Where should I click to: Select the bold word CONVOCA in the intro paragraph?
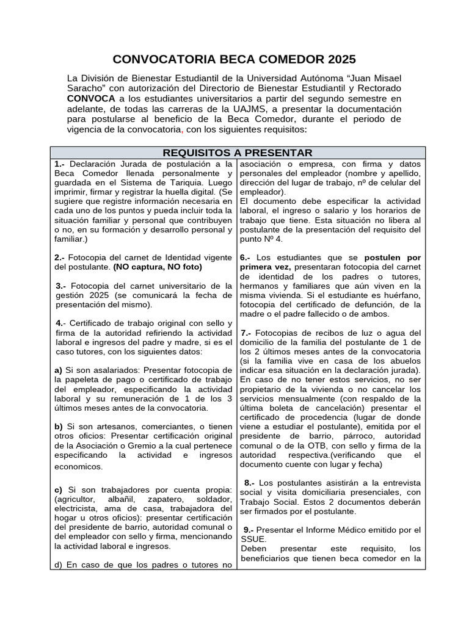[90, 98]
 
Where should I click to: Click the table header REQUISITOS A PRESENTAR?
[238, 153]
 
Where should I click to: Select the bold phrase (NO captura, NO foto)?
[158, 267]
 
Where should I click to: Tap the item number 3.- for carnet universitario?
[62, 286]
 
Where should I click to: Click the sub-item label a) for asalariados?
[58, 370]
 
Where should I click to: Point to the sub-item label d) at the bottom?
[58, 564]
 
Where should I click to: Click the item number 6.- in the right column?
[246, 257]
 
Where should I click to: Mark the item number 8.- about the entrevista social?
[249, 482]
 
